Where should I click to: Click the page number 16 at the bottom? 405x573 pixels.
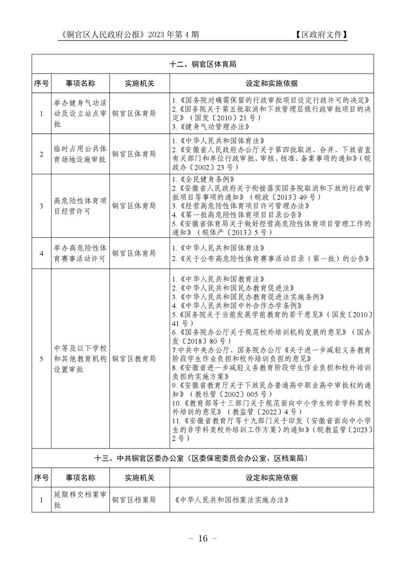203,538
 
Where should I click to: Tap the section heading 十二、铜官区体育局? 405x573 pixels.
203,65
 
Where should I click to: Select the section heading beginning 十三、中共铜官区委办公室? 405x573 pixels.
203,459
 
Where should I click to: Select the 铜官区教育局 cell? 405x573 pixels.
134,359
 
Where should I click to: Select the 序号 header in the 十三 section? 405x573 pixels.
41,478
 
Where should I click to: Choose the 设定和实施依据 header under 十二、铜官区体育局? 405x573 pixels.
271,83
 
